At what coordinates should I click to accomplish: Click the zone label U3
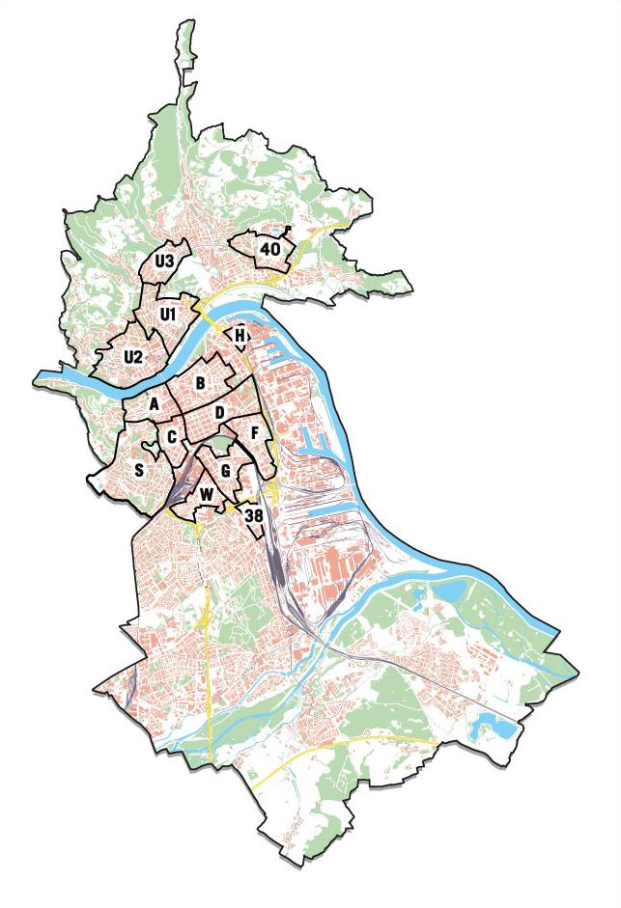(x=164, y=261)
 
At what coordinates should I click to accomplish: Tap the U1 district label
(x=168, y=314)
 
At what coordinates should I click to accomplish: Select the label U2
(x=133, y=357)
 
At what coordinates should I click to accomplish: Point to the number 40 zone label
(x=269, y=249)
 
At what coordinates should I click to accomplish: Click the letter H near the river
(x=239, y=336)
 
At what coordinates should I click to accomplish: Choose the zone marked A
(x=154, y=404)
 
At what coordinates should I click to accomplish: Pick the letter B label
(x=200, y=383)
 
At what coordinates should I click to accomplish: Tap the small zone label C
(x=171, y=438)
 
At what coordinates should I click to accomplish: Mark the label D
(x=220, y=413)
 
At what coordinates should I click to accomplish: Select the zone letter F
(x=254, y=433)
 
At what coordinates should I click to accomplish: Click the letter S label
(x=140, y=471)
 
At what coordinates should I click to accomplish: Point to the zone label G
(x=225, y=471)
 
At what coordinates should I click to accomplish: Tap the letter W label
(x=206, y=495)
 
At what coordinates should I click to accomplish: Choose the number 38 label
(x=254, y=516)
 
